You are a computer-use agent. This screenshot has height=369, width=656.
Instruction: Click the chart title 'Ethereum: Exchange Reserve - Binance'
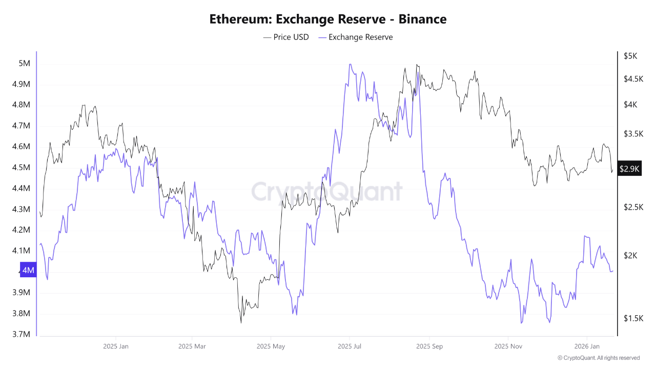point(328,19)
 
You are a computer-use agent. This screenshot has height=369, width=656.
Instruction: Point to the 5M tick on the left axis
point(24,64)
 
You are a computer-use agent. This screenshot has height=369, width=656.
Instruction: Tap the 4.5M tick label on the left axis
point(21,168)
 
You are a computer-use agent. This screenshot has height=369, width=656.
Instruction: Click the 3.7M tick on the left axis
point(21,334)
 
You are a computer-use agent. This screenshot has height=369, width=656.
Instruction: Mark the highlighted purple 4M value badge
point(28,270)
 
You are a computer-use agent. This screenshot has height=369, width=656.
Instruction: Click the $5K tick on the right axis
point(630,56)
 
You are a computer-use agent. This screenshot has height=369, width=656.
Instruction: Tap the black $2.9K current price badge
point(629,169)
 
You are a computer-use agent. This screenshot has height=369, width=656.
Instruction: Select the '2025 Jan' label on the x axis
point(116,346)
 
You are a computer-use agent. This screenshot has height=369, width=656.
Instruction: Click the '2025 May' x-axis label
point(271,346)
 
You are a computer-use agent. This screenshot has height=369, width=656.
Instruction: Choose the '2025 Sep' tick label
point(430,346)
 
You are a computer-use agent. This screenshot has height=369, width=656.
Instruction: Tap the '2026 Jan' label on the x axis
point(587,346)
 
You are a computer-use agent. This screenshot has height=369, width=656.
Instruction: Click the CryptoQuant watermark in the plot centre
point(327,192)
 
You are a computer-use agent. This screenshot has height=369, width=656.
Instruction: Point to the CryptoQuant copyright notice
point(599,358)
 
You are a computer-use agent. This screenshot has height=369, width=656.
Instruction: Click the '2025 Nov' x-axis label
point(508,346)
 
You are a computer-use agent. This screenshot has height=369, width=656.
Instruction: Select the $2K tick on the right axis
point(630,256)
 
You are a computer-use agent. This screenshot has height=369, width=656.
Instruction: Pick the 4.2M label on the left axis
point(21,230)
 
